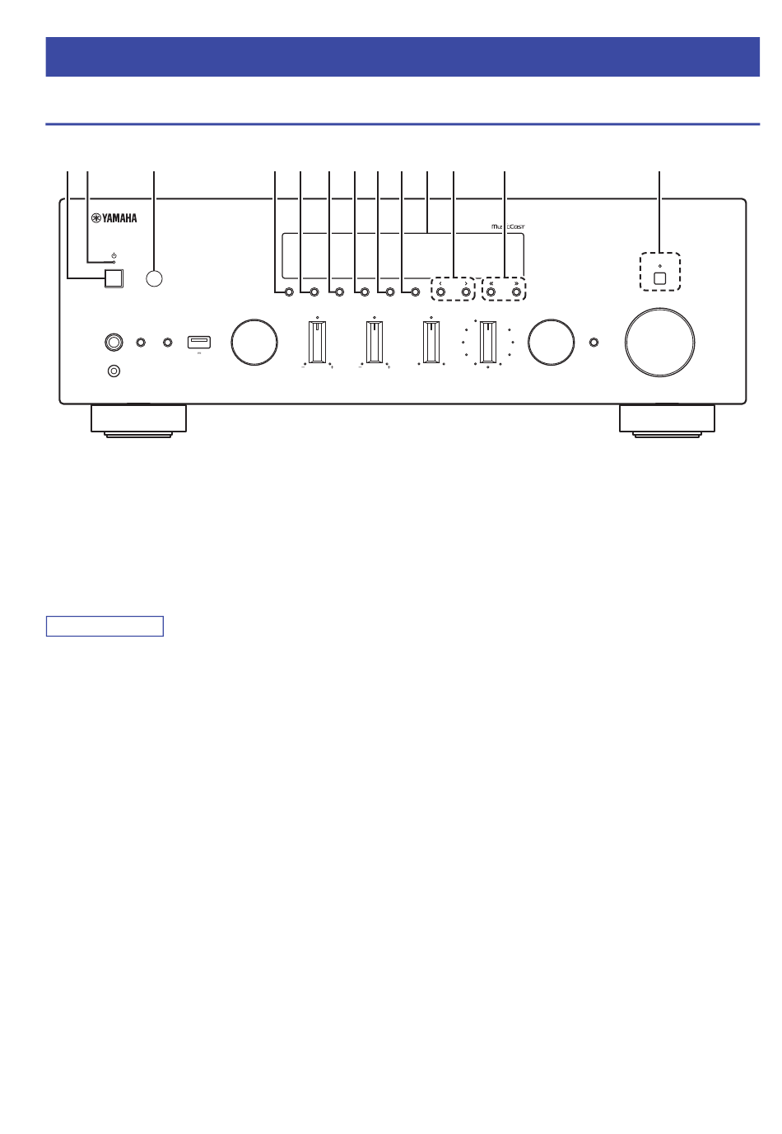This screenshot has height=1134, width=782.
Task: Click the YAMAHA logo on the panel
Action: (x=114, y=218)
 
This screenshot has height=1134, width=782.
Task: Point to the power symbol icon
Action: (x=114, y=256)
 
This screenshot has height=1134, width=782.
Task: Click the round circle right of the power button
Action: (x=154, y=278)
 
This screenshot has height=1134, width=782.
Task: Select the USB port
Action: (x=199, y=341)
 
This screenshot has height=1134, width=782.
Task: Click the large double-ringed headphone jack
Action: (x=114, y=341)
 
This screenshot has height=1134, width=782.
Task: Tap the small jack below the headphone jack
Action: (x=114, y=371)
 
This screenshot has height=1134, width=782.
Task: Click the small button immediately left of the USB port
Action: (x=168, y=342)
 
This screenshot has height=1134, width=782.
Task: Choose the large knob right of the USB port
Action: (x=254, y=342)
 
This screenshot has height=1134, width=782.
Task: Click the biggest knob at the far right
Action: (x=659, y=342)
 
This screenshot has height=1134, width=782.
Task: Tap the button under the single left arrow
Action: (x=440, y=292)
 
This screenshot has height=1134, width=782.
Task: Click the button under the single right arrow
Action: (x=466, y=292)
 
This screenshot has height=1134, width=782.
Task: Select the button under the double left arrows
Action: (x=491, y=292)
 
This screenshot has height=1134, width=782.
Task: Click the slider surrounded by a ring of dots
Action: (x=488, y=342)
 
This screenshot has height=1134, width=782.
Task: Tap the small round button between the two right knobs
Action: (x=594, y=342)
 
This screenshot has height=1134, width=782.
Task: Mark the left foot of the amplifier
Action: (x=139, y=419)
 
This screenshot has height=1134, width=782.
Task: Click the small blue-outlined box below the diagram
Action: (x=105, y=626)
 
